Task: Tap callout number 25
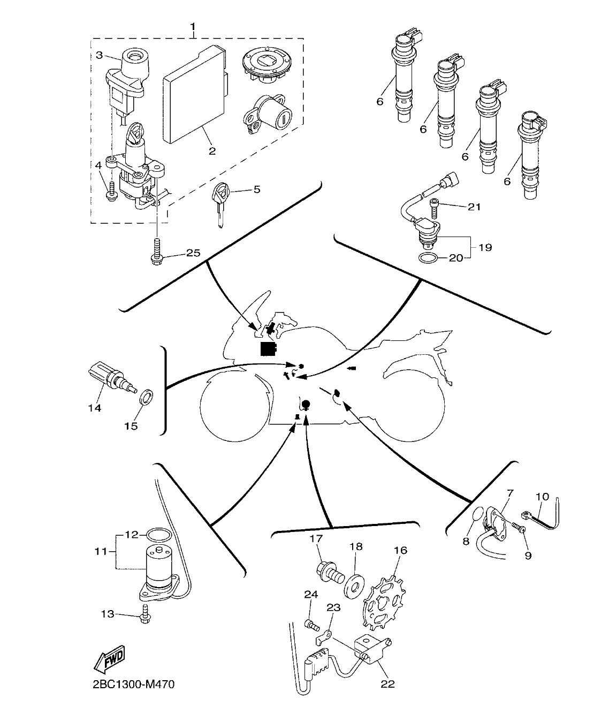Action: [193, 253]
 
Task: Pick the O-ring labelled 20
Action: [428, 258]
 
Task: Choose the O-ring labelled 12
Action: [158, 534]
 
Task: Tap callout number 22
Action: [387, 684]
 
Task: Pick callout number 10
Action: [542, 496]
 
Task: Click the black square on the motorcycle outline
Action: [267, 349]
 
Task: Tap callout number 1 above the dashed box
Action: [193, 26]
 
